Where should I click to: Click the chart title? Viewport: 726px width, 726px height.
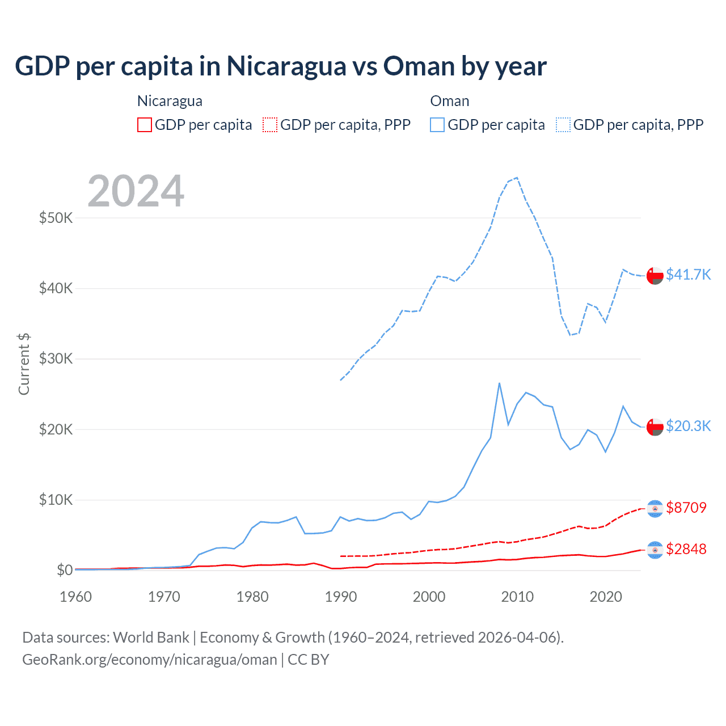(x=280, y=66)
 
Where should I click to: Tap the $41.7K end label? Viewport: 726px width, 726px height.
(x=688, y=275)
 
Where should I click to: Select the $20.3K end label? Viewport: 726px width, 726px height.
(x=688, y=426)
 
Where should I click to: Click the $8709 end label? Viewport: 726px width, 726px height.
(x=686, y=507)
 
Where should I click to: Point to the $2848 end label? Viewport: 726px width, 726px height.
(x=686, y=549)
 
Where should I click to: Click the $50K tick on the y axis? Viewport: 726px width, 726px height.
(x=56, y=218)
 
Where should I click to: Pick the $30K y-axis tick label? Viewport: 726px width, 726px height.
(x=56, y=358)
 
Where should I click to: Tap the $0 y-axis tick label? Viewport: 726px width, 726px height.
(x=65, y=570)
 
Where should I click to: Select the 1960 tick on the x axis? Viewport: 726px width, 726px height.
(x=75, y=597)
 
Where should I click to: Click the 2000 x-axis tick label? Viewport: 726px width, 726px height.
(x=429, y=597)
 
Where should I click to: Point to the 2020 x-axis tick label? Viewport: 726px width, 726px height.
(x=606, y=597)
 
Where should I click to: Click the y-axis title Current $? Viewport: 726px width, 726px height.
(x=24, y=364)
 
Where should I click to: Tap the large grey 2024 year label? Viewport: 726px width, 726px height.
(x=136, y=191)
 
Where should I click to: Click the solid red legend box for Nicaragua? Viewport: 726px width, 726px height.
(x=145, y=125)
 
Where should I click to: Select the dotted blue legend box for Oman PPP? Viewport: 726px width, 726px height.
(x=563, y=125)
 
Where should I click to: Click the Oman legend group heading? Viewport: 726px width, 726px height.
(x=450, y=101)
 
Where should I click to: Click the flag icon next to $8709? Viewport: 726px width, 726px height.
(x=655, y=508)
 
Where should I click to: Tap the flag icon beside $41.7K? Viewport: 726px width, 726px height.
(x=655, y=275)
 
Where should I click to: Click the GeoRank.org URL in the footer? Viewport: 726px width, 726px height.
(x=150, y=660)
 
